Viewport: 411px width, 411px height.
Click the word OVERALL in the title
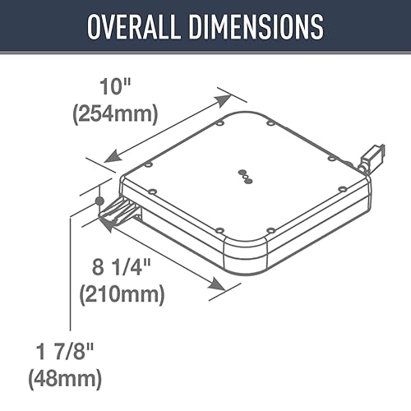pos(133,26)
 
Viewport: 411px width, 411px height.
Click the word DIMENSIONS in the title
pos(256,26)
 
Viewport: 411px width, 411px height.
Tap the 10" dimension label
pos(115,86)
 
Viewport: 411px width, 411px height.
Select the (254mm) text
pos(115,113)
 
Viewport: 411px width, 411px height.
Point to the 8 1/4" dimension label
pos(122,267)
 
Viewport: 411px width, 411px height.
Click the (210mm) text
pos(122,293)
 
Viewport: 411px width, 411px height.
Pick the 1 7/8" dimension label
pos(65,352)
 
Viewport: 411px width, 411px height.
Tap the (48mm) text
pos(65,379)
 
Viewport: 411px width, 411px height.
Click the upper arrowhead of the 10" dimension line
pos(223,99)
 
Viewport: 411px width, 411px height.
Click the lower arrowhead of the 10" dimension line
pos(113,157)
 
